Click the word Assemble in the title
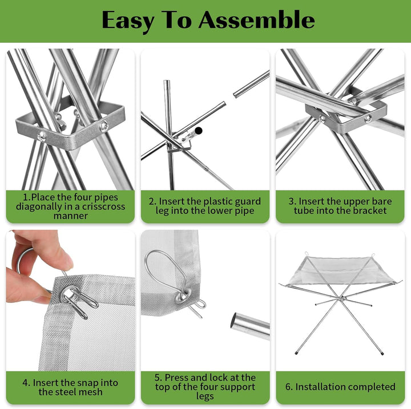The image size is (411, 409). (x=257, y=20)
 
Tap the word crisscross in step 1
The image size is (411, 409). (x=103, y=206)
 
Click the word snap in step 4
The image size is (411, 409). (x=90, y=383)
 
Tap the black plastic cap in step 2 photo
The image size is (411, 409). (x=199, y=130)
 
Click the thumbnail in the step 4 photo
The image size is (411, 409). (x=62, y=260)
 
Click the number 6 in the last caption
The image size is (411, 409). (x=288, y=387)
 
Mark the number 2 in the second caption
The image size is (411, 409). (x=152, y=201)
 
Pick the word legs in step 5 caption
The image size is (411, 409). (x=205, y=396)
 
